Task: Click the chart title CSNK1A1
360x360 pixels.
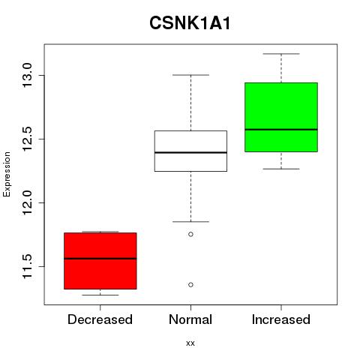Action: pyautogui.click(x=190, y=23)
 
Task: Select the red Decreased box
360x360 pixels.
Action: pyautogui.click(x=100, y=261)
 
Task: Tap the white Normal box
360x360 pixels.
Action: pyautogui.click(x=190, y=151)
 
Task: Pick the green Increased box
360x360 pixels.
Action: pyautogui.click(x=281, y=117)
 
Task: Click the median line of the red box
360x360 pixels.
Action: pyautogui.click(x=100, y=259)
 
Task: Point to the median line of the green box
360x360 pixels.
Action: pyautogui.click(x=281, y=130)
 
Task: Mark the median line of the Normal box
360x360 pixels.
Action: pyautogui.click(x=190, y=152)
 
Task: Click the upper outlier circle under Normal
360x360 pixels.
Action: pyautogui.click(x=190, y=234)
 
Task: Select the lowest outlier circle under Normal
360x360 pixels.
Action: pyautogui.click(x=190, y=285)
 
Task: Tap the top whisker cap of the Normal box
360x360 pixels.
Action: pyautogui.click(x=190, y=75)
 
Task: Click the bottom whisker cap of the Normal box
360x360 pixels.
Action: pyautogui.click(x=190, y=221)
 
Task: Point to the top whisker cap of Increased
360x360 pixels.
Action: pyautogui.click(x=281, y=54)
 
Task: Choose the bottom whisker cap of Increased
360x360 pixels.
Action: pyautogui.click(x=281, y=169)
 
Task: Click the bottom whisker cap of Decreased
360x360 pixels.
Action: pyautogui.click(x=100, y=295)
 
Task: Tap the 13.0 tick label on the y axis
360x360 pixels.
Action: pyautogui.click(x=27, y=75)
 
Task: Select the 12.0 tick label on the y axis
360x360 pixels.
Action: pyautogui.click(x=27, y=202)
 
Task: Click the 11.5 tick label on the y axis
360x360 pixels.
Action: pyautogui.click(x=27, y=266)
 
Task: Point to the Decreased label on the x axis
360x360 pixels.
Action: pyautogui.click(x=100, y=319)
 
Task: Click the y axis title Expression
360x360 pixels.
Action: pyautogui.click(x=7, y=174)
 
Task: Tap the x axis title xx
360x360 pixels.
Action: pyautogui.click(x=190, y=343)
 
